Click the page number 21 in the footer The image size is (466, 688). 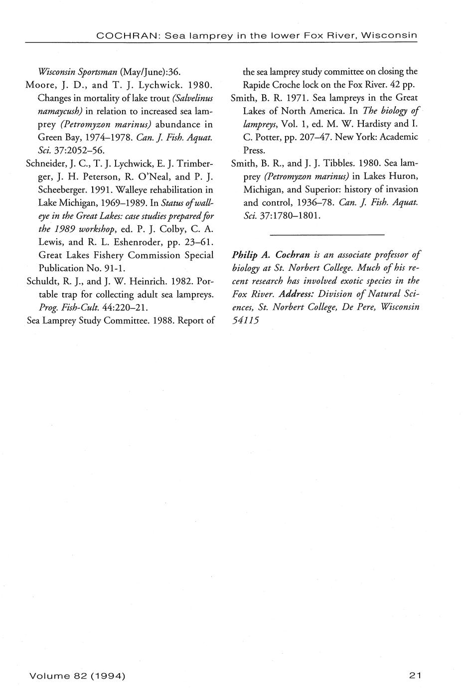tap(415, 676)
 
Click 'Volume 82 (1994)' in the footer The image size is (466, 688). tap(77, 676)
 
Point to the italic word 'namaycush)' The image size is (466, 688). tap(60, 110)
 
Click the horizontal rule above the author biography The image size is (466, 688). tap(327, 234)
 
